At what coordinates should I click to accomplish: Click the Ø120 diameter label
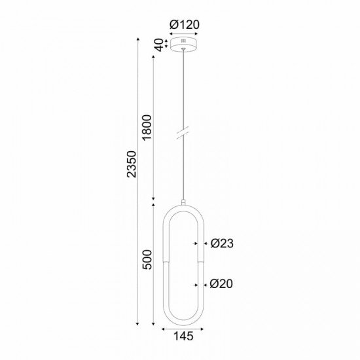184,25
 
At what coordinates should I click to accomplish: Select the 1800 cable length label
147,127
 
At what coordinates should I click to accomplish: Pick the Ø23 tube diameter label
223,243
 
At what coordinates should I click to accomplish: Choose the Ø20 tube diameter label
223,284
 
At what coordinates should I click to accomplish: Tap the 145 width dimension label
183,337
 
